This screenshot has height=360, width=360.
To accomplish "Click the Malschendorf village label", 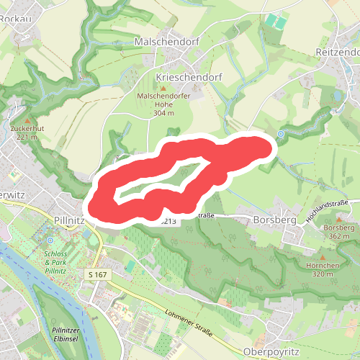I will [x=167, y=42].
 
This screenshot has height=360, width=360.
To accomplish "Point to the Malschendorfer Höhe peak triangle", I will [x=163, y=87].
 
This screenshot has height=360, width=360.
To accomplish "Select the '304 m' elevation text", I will [x=164, y=113].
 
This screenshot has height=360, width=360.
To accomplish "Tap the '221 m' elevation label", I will [x=27, y=137].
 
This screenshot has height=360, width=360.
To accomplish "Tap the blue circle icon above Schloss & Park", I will [x=50, y=240].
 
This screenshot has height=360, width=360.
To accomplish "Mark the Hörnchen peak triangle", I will [x=323, y=256].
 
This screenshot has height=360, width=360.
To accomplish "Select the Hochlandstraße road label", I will [x=328, y=210].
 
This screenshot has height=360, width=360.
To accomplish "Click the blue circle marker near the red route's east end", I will [x=281, y=133].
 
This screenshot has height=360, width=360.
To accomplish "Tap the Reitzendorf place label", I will [x=337, y=53].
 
